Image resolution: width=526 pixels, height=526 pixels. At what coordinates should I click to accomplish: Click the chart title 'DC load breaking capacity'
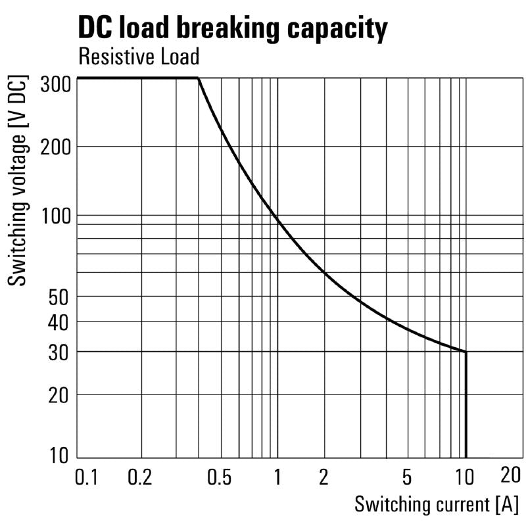[x=233, y=28]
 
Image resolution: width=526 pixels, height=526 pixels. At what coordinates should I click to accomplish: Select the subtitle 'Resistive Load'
[x=138, y=57]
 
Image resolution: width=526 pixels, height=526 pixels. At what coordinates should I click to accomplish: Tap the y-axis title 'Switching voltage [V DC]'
[x=19, y=181]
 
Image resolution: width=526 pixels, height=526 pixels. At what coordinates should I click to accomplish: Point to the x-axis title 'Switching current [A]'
[x=436, y=505]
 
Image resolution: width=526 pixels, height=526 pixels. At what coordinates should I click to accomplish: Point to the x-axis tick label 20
[x=511, y=475]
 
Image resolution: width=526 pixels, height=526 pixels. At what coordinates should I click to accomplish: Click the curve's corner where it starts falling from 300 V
[x=198, y=78]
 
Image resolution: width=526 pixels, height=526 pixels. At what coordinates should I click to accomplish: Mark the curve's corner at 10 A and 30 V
[x=466, y=352]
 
